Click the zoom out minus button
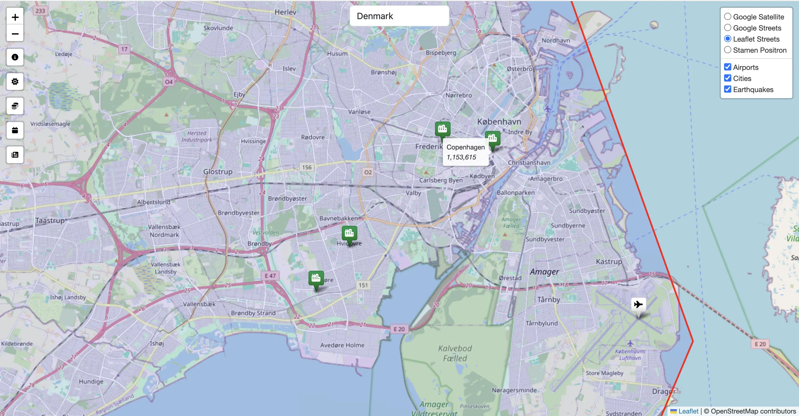[15, 34]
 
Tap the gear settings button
[15, 82]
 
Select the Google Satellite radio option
[728, 17]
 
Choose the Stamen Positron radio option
[728, 50]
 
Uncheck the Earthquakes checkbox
[728, 89]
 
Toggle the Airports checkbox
[728, 67]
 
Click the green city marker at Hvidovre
[349, 233]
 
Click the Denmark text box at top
[399, 16]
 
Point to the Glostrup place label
[218, 172]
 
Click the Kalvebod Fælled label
[455, 353]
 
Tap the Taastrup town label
[50, 221]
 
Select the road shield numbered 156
[307, 168]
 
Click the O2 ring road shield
[368, 172]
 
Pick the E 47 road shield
[270, 276]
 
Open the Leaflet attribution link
[688, 411]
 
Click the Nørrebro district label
[458, 95]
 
